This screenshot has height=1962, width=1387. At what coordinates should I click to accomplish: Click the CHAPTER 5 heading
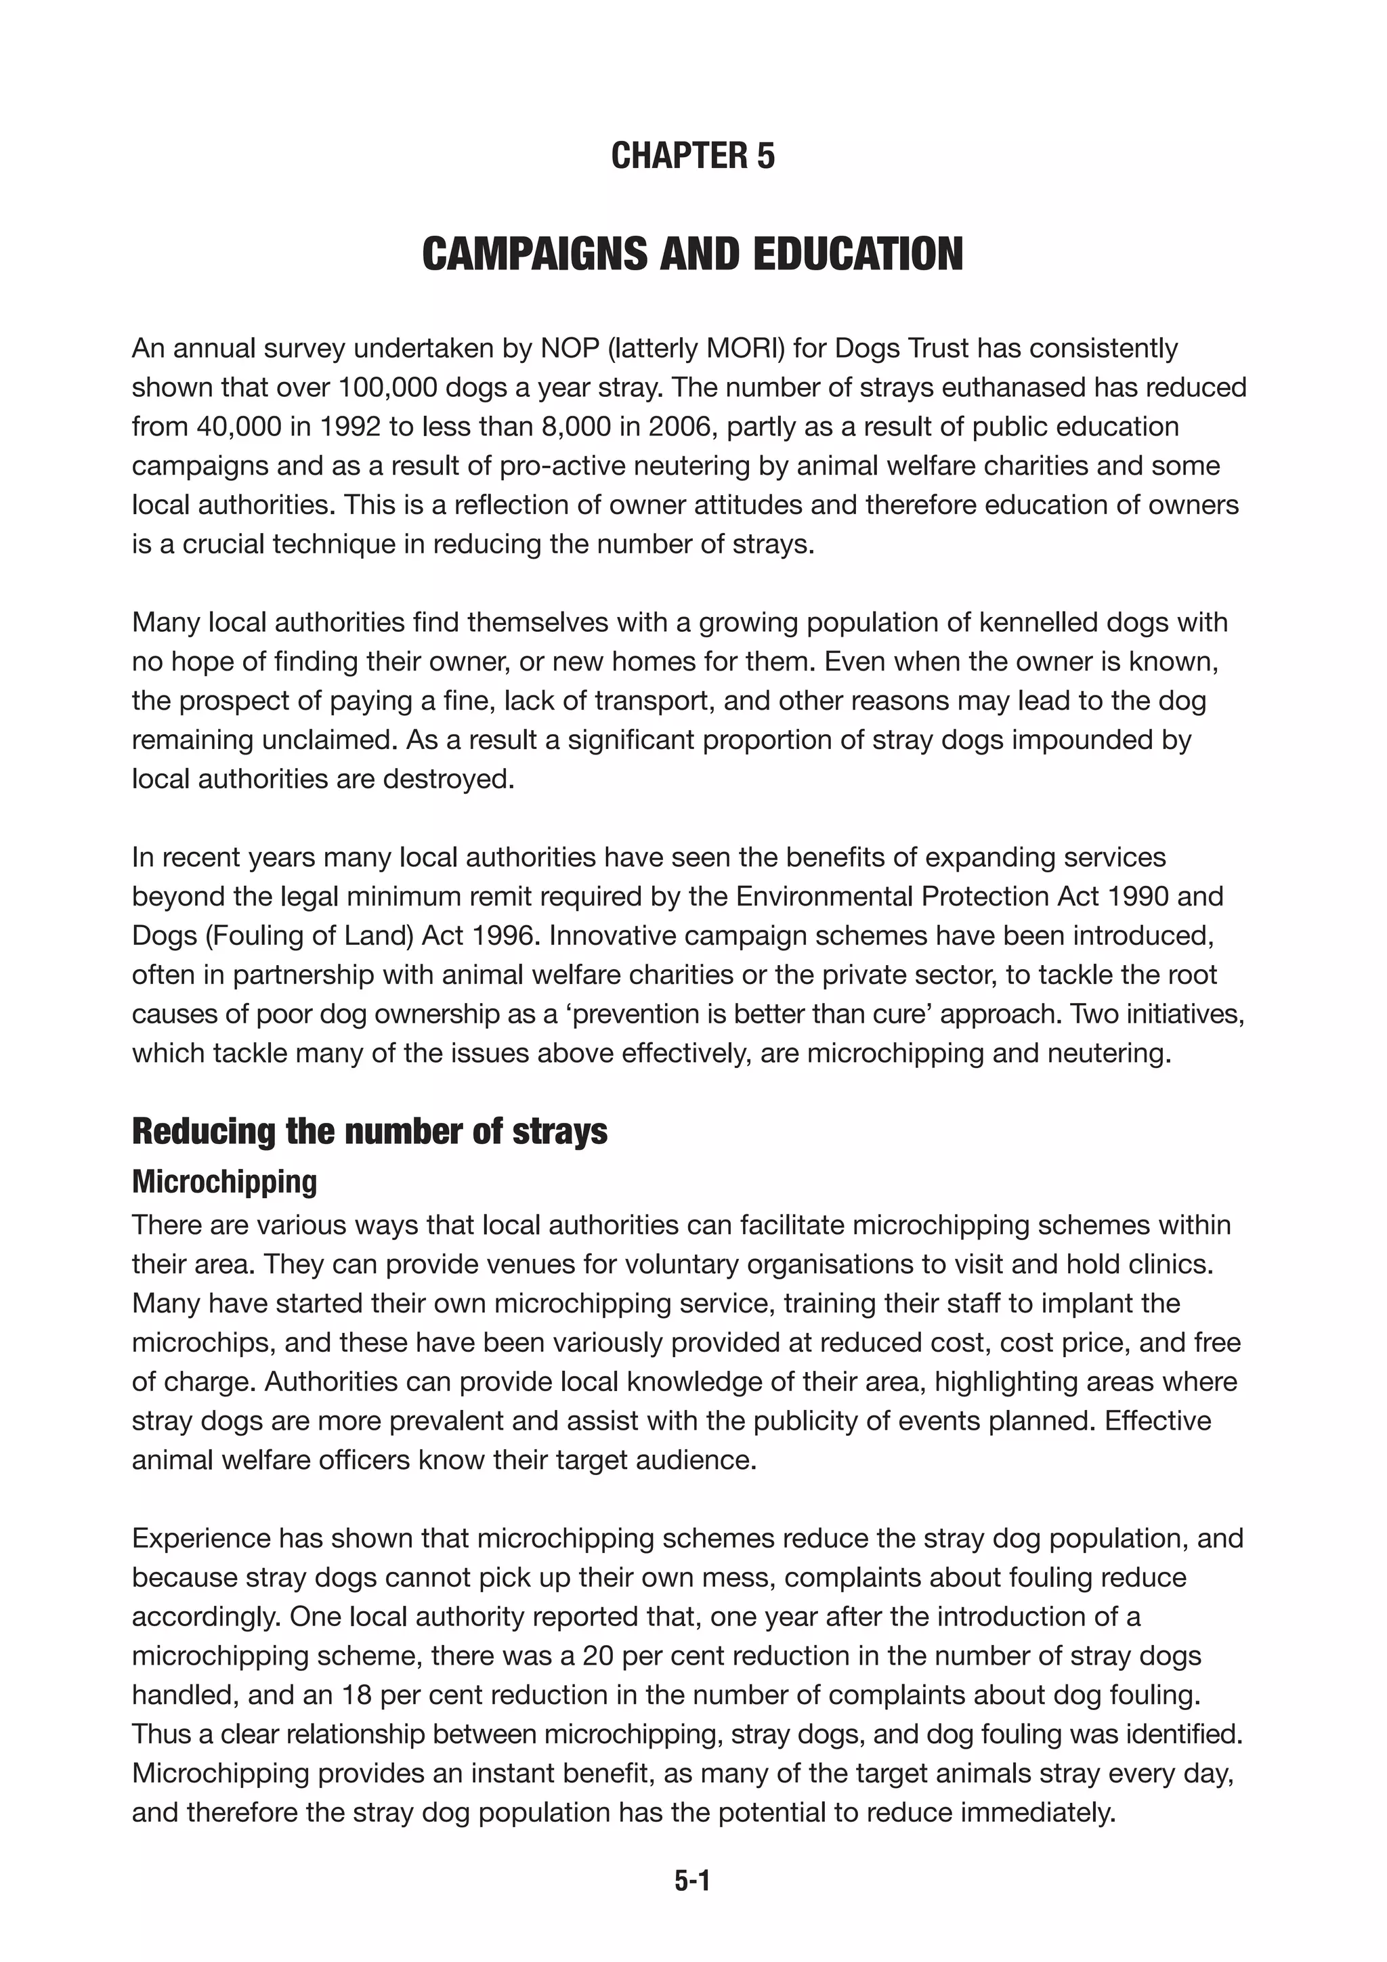(692, 156)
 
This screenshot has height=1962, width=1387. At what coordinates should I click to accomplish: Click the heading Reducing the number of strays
(369, 1132)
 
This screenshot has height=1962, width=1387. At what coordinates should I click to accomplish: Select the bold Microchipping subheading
(224, 1182)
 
